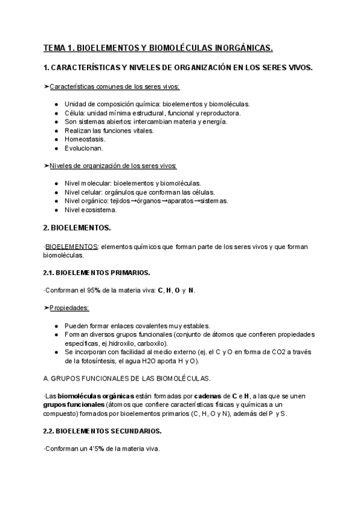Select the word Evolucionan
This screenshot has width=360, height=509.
[x=84, y=148]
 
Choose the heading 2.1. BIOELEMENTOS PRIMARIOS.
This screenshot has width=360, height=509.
[x=93, y=272]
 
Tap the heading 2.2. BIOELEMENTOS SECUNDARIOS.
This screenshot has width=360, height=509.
[x=98, y=431]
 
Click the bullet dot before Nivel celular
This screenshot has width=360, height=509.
[x=56, y=192]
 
